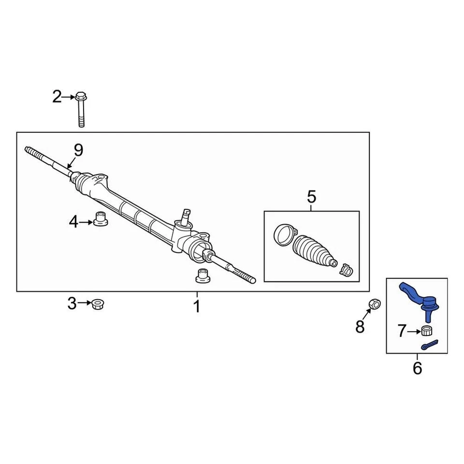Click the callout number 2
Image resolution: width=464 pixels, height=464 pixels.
pos(57,98)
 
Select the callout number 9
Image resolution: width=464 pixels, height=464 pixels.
pos(78,150)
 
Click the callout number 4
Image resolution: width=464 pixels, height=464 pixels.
pos(73,222)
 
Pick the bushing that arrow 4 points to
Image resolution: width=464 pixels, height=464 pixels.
pos(100,219)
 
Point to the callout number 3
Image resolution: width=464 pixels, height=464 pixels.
pos(72,304)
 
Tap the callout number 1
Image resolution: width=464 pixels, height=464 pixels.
pos(196,306)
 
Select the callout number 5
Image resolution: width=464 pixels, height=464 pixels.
pos(311,197)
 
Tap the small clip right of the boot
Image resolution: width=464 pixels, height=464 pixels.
pos(346,270)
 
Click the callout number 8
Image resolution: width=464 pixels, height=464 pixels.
pos(360,327)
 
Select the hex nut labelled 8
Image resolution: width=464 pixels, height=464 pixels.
pos(375,304)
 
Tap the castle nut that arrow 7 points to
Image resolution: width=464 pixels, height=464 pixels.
pos(426,331)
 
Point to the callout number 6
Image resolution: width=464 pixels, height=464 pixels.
pos(417,369)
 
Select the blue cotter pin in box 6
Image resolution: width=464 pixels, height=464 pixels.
pos(429,345)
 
